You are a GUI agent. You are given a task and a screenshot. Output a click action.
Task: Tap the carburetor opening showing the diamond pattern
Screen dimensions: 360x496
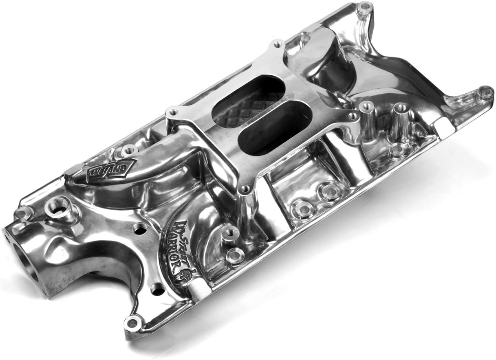[x=249, y=100]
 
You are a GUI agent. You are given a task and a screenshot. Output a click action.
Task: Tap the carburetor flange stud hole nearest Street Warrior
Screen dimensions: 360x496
[x=245, y=189]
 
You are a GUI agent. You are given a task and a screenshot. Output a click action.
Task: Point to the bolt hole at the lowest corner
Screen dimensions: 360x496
[x=133, y=323]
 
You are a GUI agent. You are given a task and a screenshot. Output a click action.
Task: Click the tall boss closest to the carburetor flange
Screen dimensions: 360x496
[x=366, y=107]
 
